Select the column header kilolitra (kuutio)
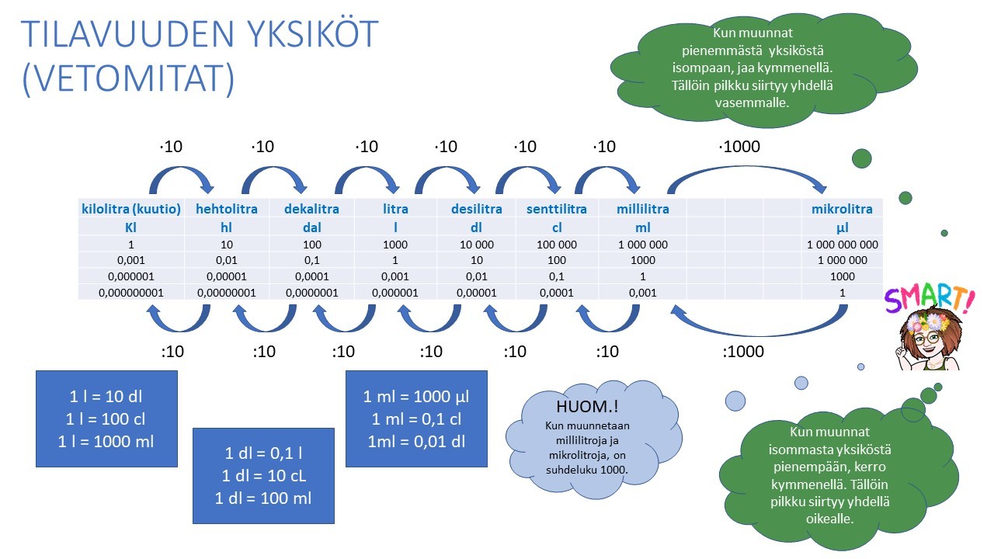point(131,209)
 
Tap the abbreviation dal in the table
point(312,227)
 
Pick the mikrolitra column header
point(842,209)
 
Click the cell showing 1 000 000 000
point(843,245)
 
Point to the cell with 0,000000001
point(131,293)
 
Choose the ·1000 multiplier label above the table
point(739,147)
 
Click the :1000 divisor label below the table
point(743,352)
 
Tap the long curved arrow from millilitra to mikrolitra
point(747,168)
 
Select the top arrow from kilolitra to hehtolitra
point(181,168)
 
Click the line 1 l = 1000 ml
point(106,442)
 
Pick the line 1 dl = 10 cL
point(263,476)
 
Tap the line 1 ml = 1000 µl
point(416,396)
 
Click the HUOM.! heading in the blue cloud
point(587,406)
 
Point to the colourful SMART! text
point(930,299)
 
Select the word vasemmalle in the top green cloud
point(752,103)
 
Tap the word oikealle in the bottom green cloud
point(830,519)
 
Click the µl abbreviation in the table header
point(843,228)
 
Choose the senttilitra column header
point(557,209)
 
